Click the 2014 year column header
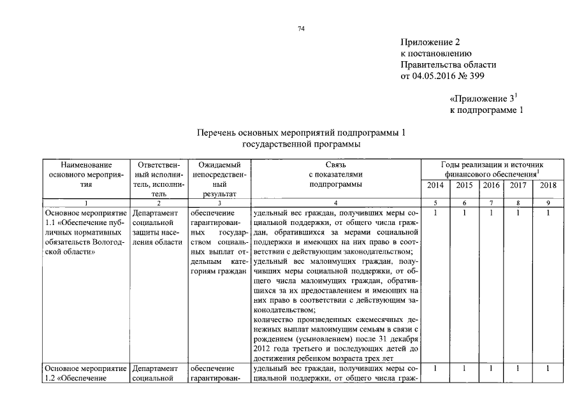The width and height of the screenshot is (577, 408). pos(434,186)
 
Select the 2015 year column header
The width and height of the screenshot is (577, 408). pos(465,186)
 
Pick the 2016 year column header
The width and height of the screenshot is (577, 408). pos(490,186)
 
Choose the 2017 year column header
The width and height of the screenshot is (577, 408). pos(517,186)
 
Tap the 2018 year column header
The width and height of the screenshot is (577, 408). pos(548,186)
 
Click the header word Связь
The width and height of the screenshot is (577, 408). pos(334,164)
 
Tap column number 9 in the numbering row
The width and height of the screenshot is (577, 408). pos(548,203)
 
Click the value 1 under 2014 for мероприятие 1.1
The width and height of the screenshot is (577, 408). pos(434,212)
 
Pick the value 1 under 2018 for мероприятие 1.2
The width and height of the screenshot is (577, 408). pos(548,368)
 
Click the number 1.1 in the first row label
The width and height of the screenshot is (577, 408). pos(52,223)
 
